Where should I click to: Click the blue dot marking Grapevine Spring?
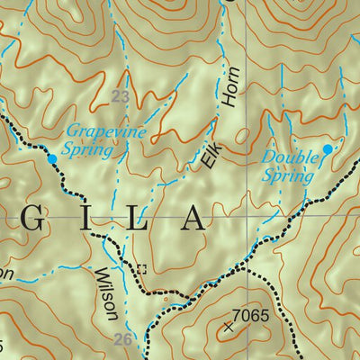click(51, 159)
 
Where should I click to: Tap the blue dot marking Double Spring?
click(328, 148)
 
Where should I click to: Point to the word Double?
click(291, 158)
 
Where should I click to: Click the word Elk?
click(210, 158)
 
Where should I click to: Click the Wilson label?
click(106, 293)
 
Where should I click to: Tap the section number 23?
click(120, 95)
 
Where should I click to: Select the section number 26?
click(123, 340)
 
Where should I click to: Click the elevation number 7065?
click(251, 315)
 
